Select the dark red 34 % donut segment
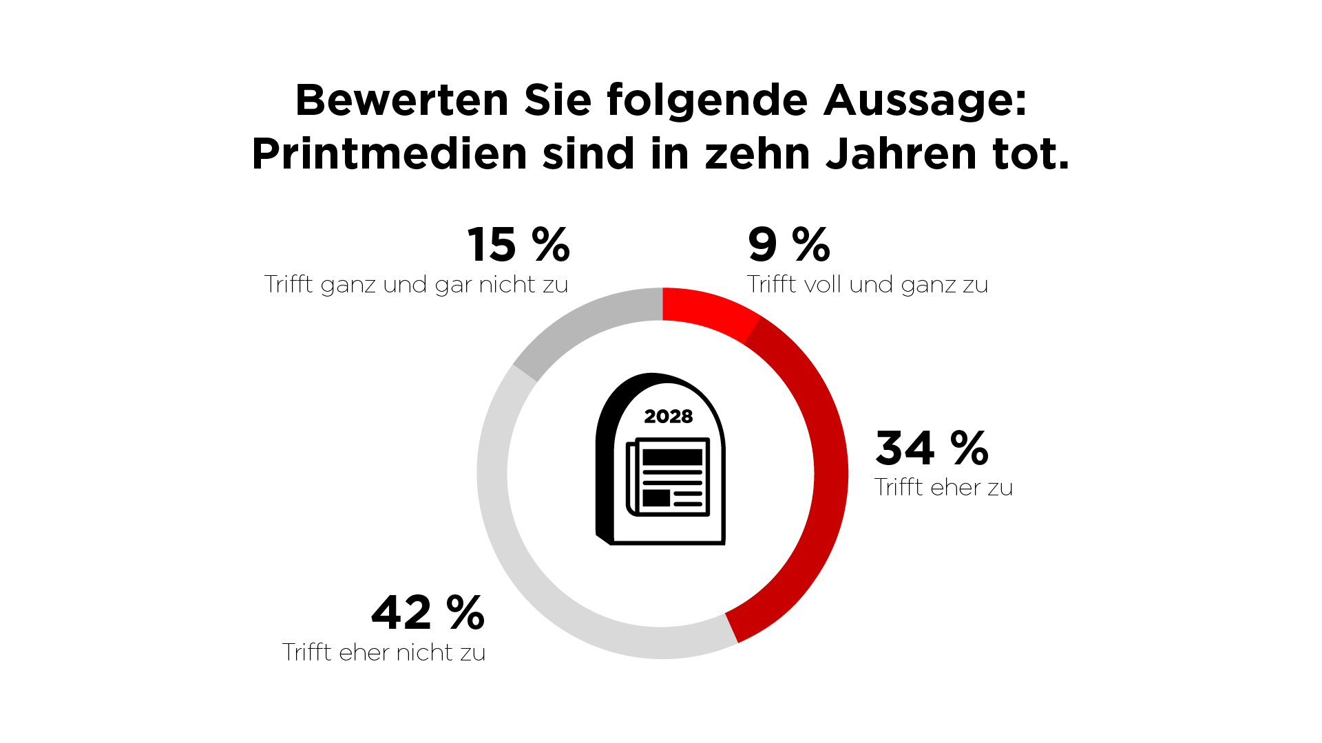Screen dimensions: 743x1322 click(x=826, y=482)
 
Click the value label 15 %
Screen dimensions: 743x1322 click(x=518, y=245)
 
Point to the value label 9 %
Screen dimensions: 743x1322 click(x=789, y=245)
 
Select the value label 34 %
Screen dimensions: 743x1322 click(x=932, y=448)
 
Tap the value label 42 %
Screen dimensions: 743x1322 click(x=428, y=612)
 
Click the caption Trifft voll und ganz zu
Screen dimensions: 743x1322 click(x=868, y=285)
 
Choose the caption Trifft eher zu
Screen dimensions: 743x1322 click(x=943, y=488)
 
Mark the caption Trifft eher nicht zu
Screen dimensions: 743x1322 click(x=384, y=652)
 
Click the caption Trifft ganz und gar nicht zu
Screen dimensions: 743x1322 click(x=416, y=285)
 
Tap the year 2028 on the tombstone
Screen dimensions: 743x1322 click(x=668, y=416)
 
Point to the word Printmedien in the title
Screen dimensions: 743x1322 click(x=389, y=153)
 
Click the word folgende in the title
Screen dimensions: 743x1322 click(x=707, y=100)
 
